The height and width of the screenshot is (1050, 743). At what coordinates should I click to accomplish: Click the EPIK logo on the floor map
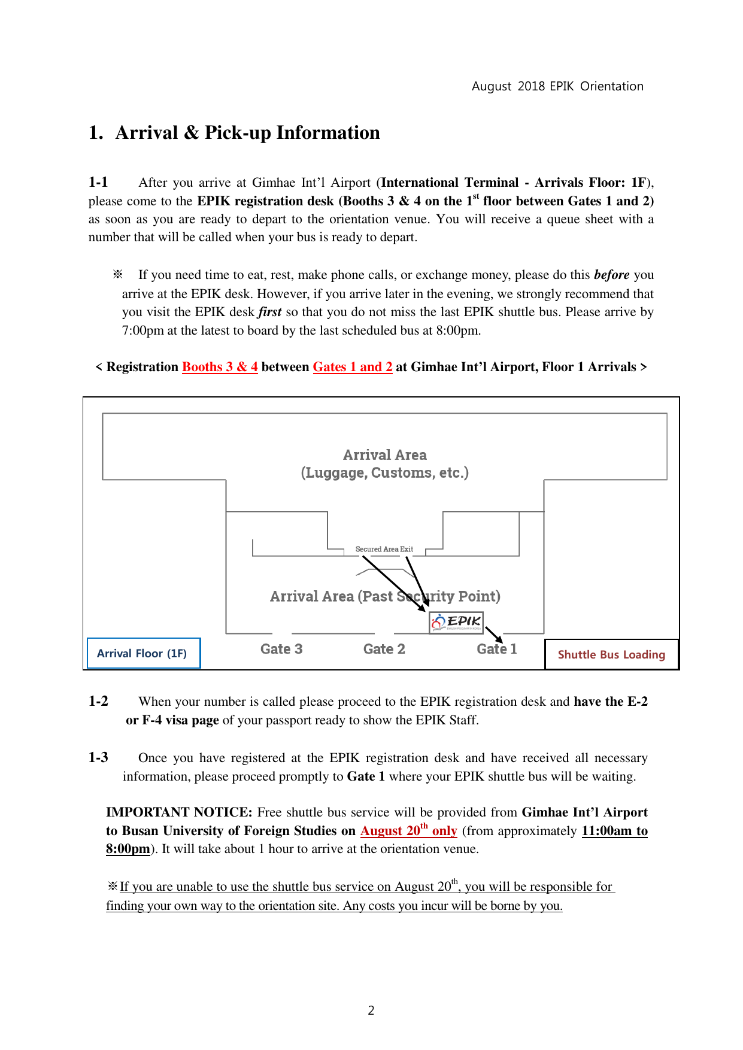pos(456,622)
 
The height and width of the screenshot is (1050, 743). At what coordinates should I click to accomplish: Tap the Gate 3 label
pos(281,649)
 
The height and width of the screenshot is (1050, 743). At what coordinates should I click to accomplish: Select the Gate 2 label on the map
pos(384,649)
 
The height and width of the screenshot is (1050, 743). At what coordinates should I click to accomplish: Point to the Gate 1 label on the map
pos(496,649)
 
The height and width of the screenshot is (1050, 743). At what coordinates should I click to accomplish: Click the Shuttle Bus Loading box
pos(611,654)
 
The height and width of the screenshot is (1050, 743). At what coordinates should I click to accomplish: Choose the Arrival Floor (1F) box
pos(142,653)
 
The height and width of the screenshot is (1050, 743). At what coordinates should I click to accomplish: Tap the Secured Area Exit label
pos(384,549)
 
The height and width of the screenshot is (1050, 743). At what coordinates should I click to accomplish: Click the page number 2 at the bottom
pos(371,1010)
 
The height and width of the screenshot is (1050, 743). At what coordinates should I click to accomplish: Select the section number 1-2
pos(98,701)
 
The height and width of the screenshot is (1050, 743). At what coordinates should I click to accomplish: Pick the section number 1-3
pos(98,757)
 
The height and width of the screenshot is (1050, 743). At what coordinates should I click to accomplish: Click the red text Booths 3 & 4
pos(220,367)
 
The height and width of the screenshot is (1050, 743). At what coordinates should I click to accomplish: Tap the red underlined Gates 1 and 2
pos(353,367)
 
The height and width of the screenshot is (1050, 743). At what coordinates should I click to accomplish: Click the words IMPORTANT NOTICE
pos(179,812)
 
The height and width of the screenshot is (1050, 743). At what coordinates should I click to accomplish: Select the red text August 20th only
pos(408,831)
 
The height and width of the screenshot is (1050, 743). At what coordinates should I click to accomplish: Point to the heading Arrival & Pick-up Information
pos(247,132)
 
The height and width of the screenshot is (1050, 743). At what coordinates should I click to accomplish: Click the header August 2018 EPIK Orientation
pos(557,86)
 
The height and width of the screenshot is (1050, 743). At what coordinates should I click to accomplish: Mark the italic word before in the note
pos(611,275)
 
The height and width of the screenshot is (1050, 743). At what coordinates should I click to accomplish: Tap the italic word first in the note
pos(270,312)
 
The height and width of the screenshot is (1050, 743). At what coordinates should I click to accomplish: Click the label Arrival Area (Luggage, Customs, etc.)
pos(384,464)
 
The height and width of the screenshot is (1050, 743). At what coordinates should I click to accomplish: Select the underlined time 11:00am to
pos(614,831)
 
